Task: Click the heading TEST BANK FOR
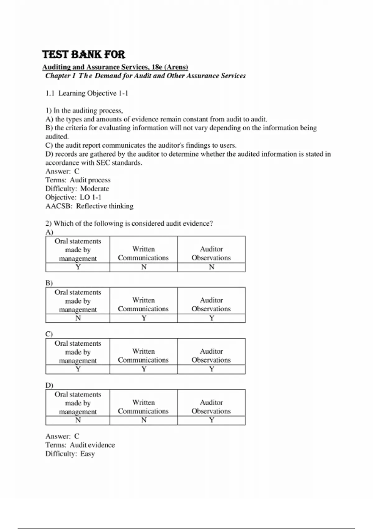click(83, 54)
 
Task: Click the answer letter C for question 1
click(77, 171)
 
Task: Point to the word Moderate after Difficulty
click(94, 189)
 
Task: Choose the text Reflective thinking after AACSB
click(105, 206)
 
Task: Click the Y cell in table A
click(78, 267)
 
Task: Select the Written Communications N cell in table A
click(144, 267)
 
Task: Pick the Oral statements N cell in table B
click(78, 318)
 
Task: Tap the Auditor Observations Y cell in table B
click(211, 318)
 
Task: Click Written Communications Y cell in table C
click(144, 369)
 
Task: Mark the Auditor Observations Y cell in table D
click(211, 420)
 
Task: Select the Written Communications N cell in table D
click(144, 420)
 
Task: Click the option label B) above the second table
click(49, 283)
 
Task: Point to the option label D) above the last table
click(49, 385)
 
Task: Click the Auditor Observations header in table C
click(211, 356)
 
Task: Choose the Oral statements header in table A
click(78, 250)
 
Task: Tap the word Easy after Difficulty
click(87, 454)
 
